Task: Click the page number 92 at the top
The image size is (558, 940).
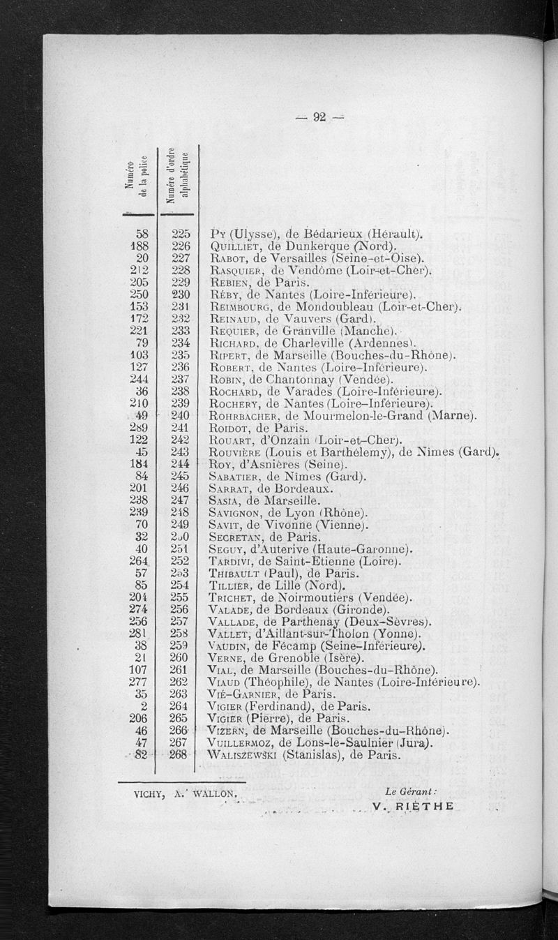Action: pyautogui.click(x=320, y=117)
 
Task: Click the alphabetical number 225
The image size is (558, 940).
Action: pyautogui.click(x=181, y=234)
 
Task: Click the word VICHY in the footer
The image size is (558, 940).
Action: pyautogui.click(x=150, y=793)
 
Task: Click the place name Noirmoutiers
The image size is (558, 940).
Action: pyautogui.click(x=315, y=597)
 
